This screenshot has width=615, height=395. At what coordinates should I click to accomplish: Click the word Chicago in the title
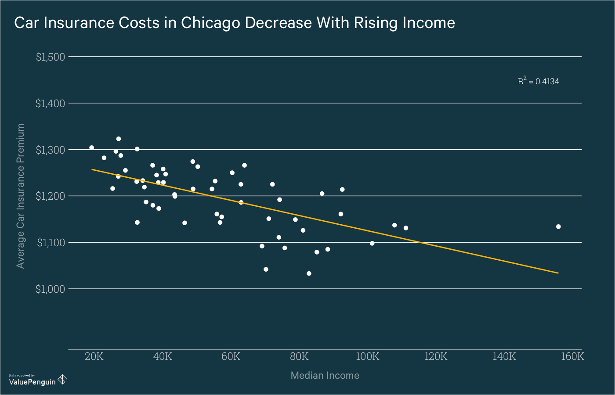click(x=211, y=23)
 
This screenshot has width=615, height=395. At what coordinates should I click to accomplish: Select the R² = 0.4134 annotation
click(x=538, y=81)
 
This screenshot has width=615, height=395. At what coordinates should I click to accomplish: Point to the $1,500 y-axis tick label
click(x=50, y=57)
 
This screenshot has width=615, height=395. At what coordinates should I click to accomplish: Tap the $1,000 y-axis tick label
click(x=50, y=289)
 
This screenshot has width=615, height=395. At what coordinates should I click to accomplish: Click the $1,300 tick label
click(x=50, y=150)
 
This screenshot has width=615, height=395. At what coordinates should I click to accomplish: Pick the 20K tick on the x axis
click(x=94, y=356)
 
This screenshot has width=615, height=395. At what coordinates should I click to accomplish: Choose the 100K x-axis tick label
click(x=367, y=356)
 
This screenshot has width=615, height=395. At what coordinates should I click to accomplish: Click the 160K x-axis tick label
click(x=572, y=356)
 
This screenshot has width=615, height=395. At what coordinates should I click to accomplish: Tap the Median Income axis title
click(x=325, y=375)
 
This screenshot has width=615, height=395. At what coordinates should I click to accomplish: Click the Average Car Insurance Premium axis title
click(x=20, y=196)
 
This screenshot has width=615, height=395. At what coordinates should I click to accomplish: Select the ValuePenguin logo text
click(x=32, y=382)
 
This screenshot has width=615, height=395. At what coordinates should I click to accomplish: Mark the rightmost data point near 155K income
click(x=558, y=226)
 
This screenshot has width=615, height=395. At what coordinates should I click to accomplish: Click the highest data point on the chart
click(x=119, y=139)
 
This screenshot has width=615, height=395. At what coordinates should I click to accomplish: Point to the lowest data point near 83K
click(x=309, y=273)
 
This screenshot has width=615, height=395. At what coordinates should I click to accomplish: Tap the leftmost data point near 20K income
click(x=91, y=147)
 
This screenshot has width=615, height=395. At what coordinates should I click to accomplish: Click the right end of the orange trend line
click(x=558, y=273)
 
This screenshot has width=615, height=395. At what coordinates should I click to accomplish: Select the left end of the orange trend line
click(x=92, y=169)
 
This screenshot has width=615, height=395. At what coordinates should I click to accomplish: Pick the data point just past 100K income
click(x=372, y=243)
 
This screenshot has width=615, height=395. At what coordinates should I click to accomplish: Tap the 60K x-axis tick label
click(x=231, y=356)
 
